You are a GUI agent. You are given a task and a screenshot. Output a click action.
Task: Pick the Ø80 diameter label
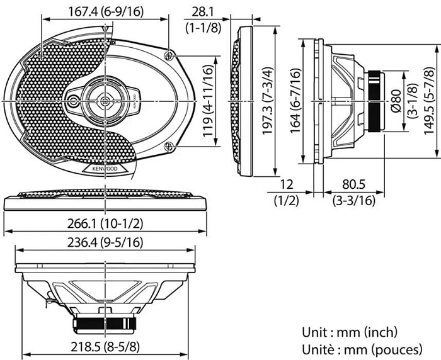click(x=395, y=101)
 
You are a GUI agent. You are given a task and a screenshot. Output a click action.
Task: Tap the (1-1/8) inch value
click(x=202, y=26)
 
